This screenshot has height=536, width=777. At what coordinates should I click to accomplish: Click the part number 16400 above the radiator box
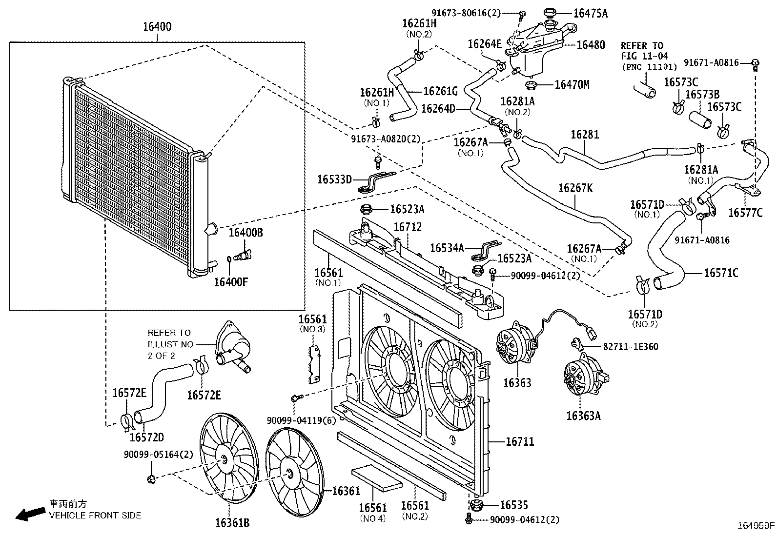(x=157, y=27)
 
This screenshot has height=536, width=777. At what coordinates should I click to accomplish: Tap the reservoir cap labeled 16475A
(x=551, y=13)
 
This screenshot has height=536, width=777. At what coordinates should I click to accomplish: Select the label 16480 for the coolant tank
(x=591, y=44)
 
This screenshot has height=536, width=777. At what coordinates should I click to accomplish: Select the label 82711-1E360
(x=631, y=347)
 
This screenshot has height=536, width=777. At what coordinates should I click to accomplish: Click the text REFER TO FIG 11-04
(x=645, y=51)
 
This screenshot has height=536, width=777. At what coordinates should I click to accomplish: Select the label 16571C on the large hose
(x=720, y=273)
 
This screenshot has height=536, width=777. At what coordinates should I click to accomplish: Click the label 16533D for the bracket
(x=334, y=179)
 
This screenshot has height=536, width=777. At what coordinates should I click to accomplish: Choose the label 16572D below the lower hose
(x=146, y=437)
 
